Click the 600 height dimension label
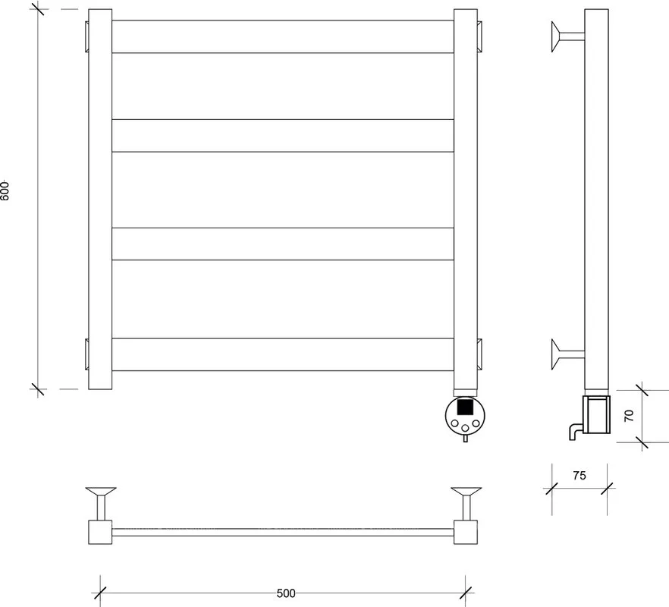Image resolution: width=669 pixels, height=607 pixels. (x=5, y=190)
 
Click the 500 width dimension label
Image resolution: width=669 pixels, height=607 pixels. (x=286, y=593)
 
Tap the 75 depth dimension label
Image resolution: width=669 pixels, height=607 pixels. (x=579, y=475)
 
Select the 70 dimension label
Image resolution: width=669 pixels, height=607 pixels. (x=629, y=415)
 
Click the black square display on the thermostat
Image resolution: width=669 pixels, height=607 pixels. (x=465, y=406)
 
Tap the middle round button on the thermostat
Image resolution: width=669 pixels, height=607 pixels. (x=466, y=428)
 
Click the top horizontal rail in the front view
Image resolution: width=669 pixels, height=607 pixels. (x=282, y=36)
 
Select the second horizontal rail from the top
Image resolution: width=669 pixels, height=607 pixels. (x=282, y=136)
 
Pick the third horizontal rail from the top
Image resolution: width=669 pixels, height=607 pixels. (x=282, y=244)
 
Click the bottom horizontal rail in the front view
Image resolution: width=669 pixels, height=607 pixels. (x=282, y=354)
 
